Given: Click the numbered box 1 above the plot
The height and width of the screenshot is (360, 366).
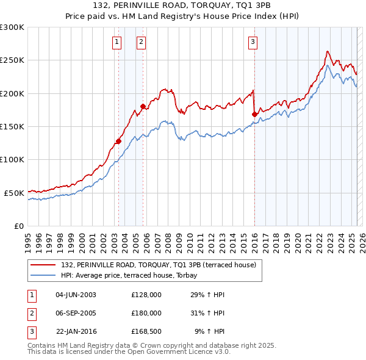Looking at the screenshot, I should click(x=117, y=42).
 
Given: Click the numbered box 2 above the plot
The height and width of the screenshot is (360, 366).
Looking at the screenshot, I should click(x=141, y=42).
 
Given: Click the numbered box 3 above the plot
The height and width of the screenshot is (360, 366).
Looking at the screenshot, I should click(x=253, y=42).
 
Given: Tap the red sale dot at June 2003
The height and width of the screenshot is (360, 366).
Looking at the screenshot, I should click(x=118, y=141).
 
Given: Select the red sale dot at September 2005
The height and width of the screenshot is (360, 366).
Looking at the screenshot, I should click(x=143, y=107).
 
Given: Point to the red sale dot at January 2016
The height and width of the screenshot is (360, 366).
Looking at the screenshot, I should click(x=254, y=114).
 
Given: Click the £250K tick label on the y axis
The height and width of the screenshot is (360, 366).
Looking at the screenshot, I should click(x=12, y=60).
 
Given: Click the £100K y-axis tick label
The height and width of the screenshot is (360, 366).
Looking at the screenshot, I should click(x=12, y=159).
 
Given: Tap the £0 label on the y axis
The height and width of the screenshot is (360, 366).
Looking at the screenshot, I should click(x=18, y=226).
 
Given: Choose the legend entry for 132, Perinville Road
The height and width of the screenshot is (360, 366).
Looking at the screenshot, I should click(x=162, y=265).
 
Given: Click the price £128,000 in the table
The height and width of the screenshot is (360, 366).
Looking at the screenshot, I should click(x=146, y=295).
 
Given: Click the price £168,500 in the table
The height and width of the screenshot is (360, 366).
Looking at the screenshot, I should click(x=146, y=331).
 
